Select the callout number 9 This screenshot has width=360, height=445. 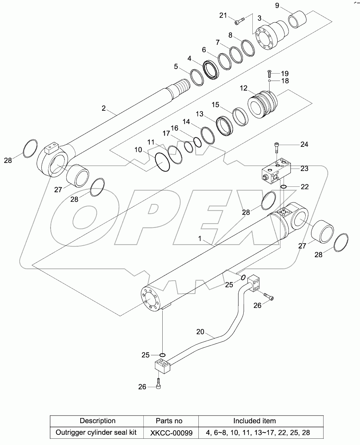point(277,5)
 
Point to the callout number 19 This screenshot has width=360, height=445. point(284,73)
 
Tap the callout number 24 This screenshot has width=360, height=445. point(304,144)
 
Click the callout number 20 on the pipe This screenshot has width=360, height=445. point(200,331)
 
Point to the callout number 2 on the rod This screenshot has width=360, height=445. point(104,108)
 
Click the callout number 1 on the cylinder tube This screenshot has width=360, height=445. point(199,239)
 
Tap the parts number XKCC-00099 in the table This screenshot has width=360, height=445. point(171,433)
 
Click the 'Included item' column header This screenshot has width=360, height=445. point(254,421)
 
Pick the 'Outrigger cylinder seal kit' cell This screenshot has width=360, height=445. point(96,433)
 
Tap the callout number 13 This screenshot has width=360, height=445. point(199,114)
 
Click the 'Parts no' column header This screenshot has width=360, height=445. point(169,421)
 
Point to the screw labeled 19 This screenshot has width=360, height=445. point(269,73)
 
